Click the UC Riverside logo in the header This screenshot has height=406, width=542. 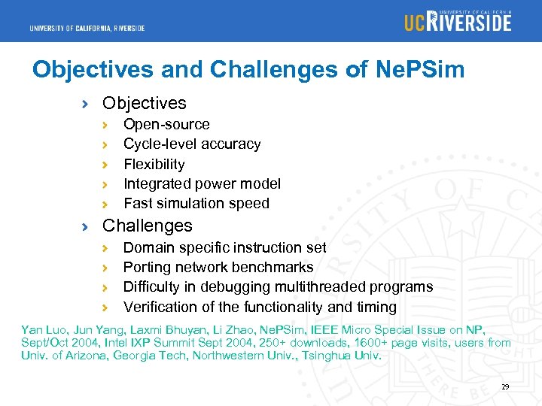pos(457,21)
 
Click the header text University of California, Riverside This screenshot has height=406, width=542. pos(87,29)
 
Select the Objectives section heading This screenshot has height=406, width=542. pos(144,103)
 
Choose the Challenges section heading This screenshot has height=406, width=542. pos(147,226)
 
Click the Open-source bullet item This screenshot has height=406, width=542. pos(166,124)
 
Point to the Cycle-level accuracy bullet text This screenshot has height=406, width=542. pos(192,144)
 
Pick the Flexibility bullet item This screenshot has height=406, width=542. pos(154,164)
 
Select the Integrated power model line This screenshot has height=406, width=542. pos(202,183)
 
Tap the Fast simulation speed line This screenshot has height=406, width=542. pos(196,203)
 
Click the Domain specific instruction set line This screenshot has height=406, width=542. pos(224,247)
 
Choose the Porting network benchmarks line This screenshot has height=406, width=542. pos(218,267)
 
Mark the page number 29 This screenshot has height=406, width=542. pos(505,387)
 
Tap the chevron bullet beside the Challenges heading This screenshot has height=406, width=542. pos(87,226)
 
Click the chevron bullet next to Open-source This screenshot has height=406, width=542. pos(107,125)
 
